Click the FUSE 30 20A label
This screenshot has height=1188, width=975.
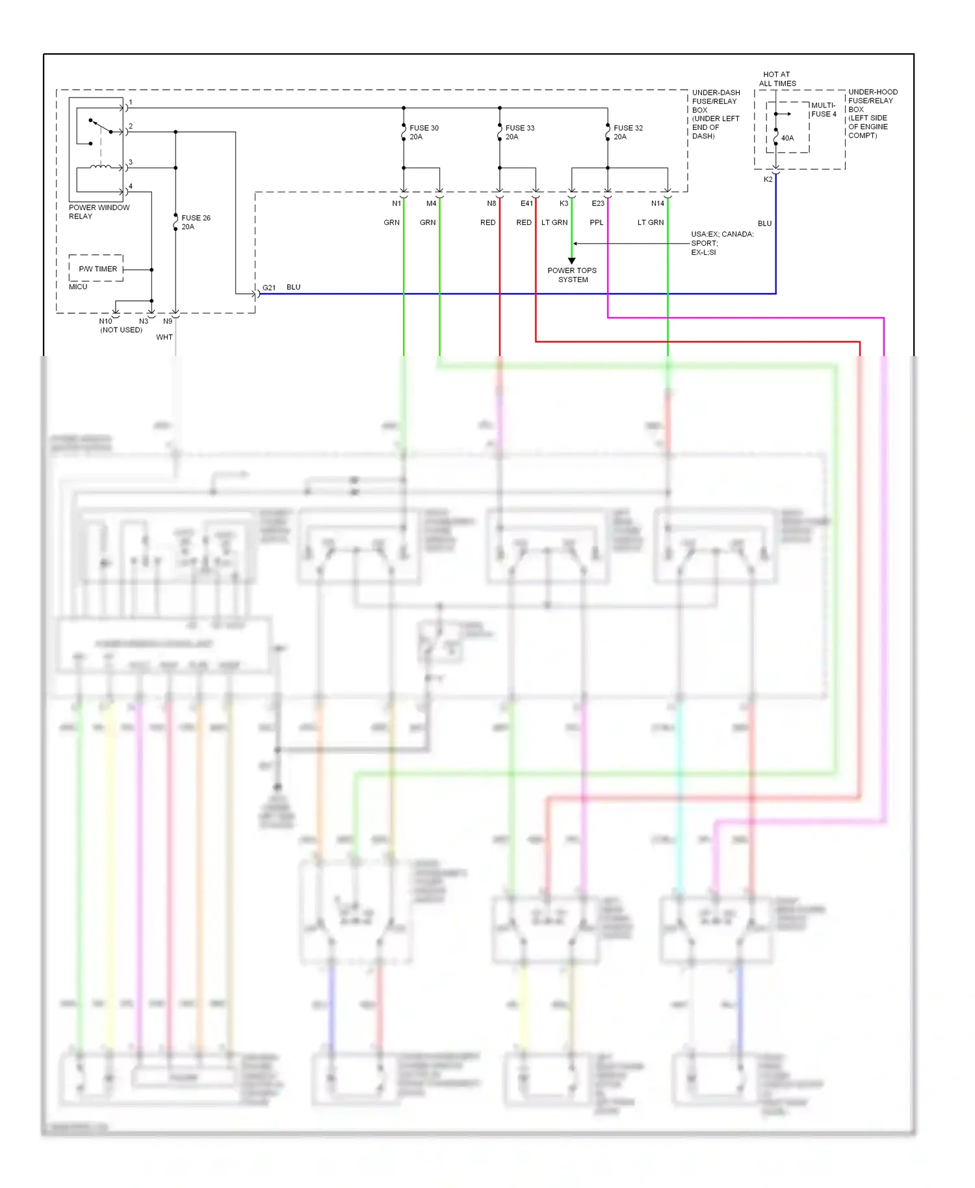pos(424,133)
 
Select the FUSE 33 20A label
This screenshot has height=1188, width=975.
pos(519,133)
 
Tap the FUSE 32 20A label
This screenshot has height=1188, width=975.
pos(628,133)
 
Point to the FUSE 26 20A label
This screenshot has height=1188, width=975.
pos(196,222)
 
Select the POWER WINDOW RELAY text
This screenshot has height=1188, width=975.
pos(99,212)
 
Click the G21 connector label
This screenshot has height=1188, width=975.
pos(269,287)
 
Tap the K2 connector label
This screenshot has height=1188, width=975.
pos(768,179)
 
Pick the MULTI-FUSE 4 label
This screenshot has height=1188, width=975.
pos(824,110)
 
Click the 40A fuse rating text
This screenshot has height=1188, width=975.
pos(787,138)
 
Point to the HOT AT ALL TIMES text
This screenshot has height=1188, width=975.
pos(777,79)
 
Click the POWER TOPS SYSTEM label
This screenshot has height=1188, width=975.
pos(572,275)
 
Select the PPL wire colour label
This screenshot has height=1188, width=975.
pos(596,222)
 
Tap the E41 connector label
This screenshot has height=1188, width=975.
pos(526,203)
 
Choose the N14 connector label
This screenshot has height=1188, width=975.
pos(657,203)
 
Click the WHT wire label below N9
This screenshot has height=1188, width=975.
pos(164,337)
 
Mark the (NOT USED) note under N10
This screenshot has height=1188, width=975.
pos(121,329)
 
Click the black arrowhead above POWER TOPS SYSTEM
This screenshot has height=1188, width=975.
pos(572,261)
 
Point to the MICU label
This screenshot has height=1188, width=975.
pos(78,287)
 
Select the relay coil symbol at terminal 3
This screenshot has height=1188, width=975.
pos(100,167)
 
